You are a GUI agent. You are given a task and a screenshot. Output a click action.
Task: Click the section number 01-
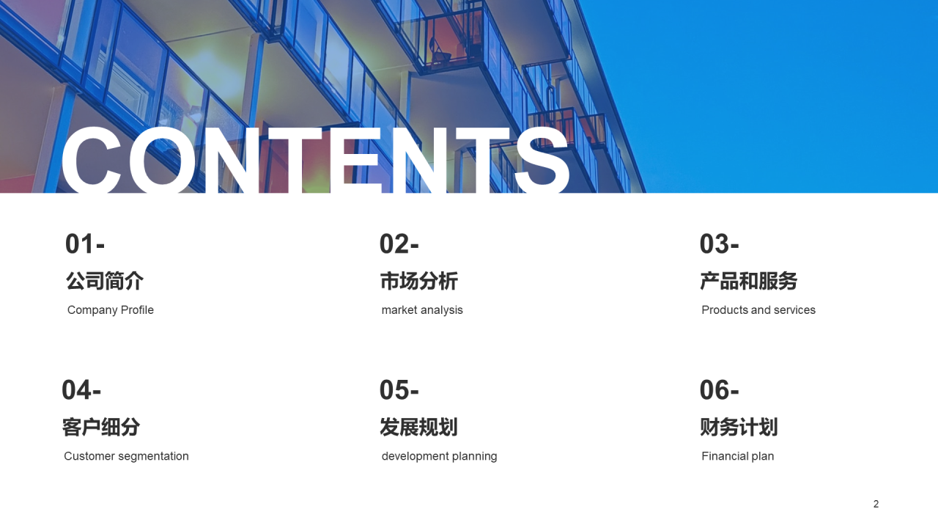pos(85,244)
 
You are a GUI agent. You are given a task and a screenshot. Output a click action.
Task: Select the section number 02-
pos(399,244)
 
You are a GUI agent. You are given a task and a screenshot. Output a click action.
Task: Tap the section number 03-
pos(720,244)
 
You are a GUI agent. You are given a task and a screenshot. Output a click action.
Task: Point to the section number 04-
pos(81,390)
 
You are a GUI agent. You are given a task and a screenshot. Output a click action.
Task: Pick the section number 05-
pos(399,390)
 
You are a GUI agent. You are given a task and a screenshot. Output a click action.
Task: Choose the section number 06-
pos(720,390)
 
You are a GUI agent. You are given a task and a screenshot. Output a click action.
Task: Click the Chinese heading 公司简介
pos(105,281)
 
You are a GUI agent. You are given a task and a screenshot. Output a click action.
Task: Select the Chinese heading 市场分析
pos(419,281)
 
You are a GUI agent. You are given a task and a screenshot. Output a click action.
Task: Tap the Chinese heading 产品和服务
pos(749,281)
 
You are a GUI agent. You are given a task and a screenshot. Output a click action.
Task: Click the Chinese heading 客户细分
pos(101,427)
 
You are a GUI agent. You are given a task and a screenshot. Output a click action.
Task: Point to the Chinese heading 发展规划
pos(418,427)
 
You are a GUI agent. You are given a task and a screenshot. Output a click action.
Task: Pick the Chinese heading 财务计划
pos(739,427)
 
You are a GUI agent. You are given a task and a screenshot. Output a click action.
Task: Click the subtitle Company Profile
pos(111,310)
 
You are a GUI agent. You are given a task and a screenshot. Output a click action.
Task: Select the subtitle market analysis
pos(422,310)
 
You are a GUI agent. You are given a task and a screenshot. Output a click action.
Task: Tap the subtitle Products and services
pos(758,310)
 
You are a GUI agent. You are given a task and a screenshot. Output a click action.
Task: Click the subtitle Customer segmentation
pos(127,456)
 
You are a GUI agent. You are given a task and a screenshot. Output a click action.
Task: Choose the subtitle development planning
pos(439,456)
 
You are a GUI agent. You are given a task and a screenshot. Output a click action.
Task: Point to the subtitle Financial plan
pos(738,456)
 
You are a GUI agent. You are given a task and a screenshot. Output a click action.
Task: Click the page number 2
pos(876,504)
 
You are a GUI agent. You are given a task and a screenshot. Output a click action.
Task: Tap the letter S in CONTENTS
pos(543,161)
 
